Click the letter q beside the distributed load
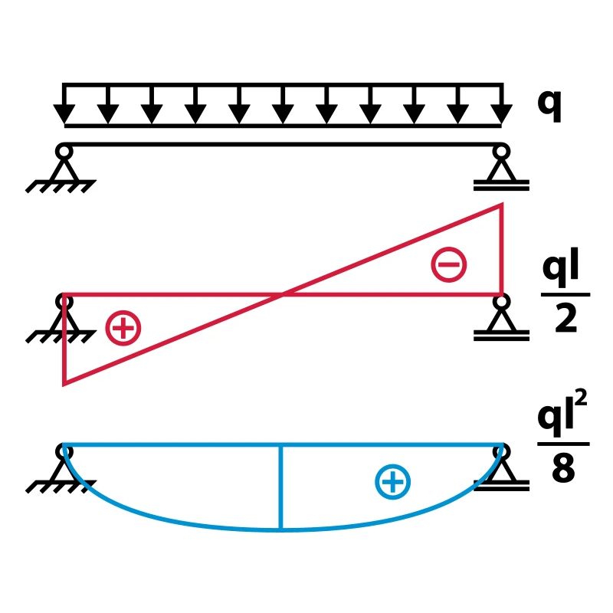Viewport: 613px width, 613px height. tap(549, 106)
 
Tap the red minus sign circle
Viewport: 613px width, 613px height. tap(449, 264)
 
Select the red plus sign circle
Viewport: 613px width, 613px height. tap(123, 328)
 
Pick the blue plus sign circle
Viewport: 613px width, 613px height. tap(393, 482)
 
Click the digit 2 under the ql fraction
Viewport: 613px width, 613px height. tap(565, 318)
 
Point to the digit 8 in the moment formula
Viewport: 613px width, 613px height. tap(563, 468)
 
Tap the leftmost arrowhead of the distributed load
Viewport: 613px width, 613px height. tap(64, 114)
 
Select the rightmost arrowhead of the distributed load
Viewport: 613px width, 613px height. tap(501, 114)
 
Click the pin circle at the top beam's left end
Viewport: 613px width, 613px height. tap(64, 151)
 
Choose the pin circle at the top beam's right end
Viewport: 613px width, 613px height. tap(501, 151)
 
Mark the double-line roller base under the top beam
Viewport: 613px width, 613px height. tap(501, 185)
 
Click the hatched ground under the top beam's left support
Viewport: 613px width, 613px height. tap(61, 186)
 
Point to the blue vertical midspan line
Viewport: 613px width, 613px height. tap(280, 487)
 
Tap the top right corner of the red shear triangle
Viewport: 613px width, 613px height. tap(502, 204)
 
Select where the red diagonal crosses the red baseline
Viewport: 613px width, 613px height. tap(282, 293)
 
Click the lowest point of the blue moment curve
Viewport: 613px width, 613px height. tap(280, 530)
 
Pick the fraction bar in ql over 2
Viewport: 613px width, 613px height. tap(565, 294)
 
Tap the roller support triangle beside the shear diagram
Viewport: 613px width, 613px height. tap(501, 320)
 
